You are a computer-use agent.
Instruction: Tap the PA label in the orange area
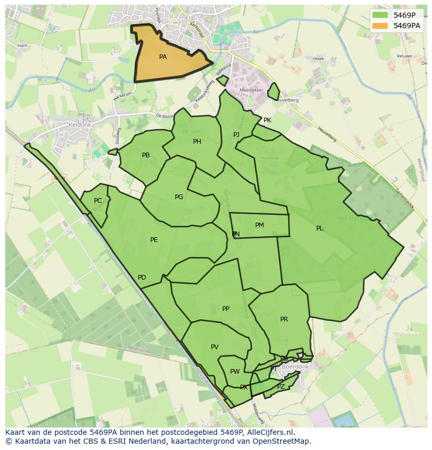163,57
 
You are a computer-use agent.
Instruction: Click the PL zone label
319,228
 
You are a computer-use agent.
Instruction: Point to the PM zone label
259,225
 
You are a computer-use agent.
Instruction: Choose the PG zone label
179,197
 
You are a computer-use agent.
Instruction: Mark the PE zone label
154,240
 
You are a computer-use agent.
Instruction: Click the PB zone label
146,155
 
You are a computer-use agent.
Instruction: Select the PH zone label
197,142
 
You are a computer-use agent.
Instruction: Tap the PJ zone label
236,135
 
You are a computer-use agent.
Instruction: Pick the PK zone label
267,120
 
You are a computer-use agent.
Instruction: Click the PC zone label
98,201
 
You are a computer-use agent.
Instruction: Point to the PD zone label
142,278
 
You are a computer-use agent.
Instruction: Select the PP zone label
226,309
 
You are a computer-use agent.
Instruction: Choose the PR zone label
284,319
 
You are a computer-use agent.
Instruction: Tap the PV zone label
214,347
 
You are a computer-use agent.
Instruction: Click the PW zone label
235,372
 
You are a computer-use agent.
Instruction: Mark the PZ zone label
281,387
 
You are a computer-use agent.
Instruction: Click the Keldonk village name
80,125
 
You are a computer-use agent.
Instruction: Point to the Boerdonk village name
295,367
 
